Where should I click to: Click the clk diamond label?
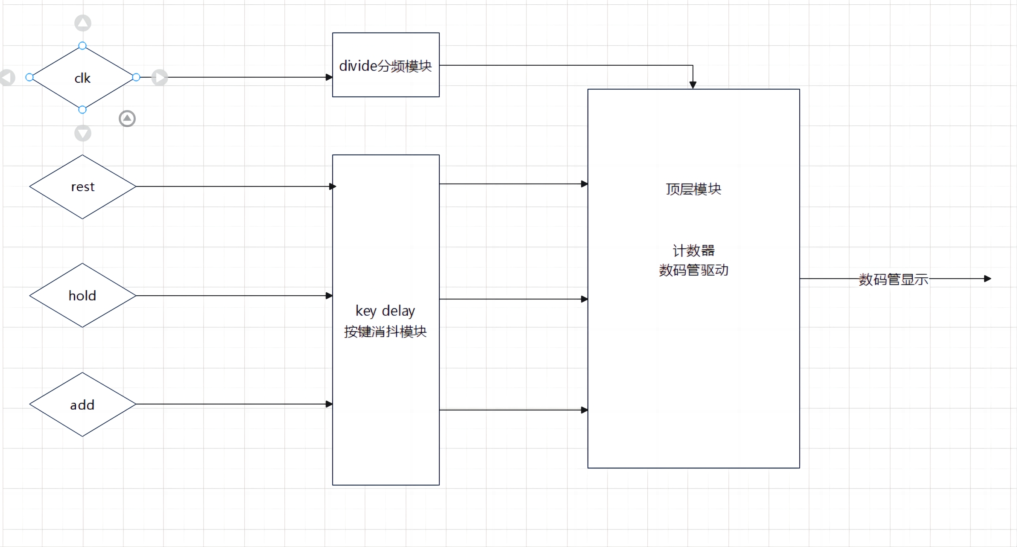point(82,78)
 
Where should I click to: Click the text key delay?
point(385,311)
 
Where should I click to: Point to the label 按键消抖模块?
point(386,332)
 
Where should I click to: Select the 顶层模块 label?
point(693,189)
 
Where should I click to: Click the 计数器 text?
point(694,250)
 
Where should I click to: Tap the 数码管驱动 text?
point(694,270)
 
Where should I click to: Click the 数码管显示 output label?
point(894,279)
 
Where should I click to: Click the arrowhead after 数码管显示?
point(988,279)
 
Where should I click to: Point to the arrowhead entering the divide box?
point(329,77)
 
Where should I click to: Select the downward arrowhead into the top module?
point(693,85)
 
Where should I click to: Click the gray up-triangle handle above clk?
point(83,23)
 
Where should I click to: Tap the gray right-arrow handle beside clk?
point(160,78)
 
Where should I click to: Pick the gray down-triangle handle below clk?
point(83,133)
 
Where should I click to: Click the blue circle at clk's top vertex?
point(82,46)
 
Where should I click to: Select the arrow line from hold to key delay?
point(234,296)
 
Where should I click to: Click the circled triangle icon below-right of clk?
point(127,119)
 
